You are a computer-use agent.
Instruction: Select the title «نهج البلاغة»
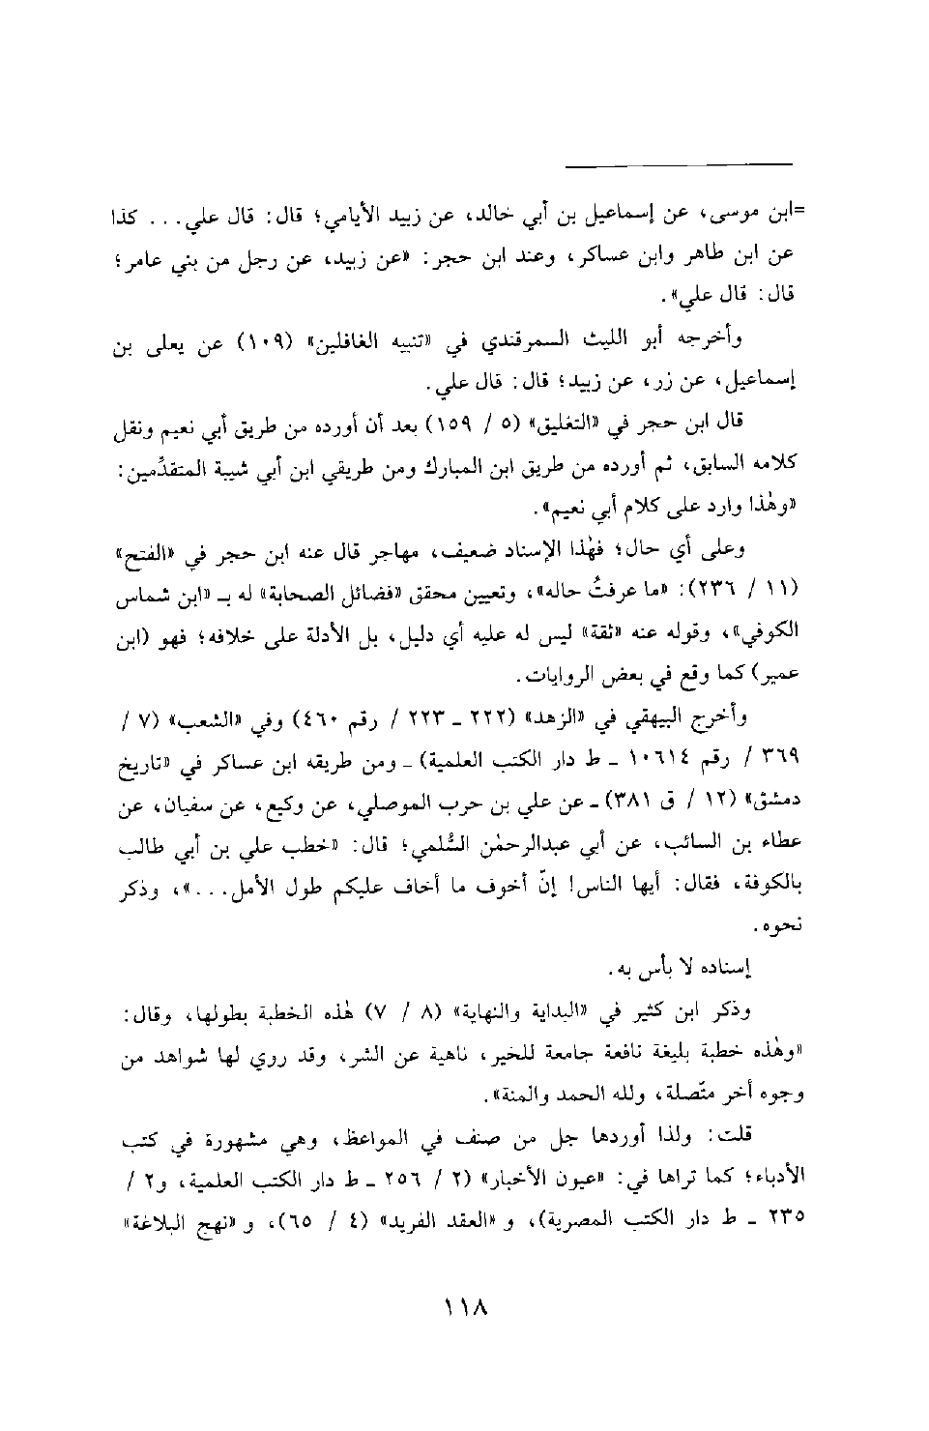tap(183, 1213)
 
